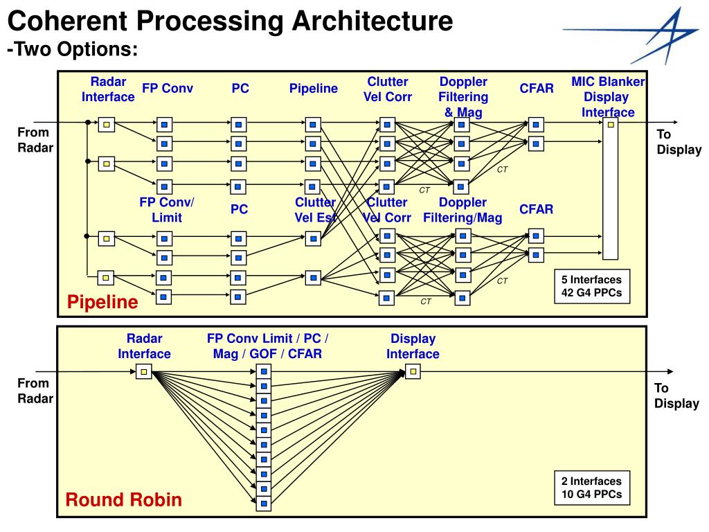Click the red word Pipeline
tap(102, 302)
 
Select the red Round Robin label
tap(123, 499)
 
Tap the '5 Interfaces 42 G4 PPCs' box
tap(592, 286)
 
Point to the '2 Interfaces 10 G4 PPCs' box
tap(592, 488)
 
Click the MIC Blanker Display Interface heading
tap(608, 97)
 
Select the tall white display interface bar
tap(611, 188)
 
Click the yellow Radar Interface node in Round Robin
tap(144, 372)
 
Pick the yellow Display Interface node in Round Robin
tap(413, 372)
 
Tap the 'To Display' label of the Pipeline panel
tap(679, 141)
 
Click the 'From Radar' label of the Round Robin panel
tap(35, 391)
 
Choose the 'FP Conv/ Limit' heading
tap(167, 209)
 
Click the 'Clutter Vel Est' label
tap(315, 209)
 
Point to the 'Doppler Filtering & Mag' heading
tap(463, 97)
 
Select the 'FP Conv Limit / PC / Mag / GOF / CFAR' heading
tap(268, 346)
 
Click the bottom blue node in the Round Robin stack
tap(264, 503)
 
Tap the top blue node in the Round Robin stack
tap(264, 372)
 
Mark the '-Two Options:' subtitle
tap(72, 49)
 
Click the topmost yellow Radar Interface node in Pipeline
tap(106, 125)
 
